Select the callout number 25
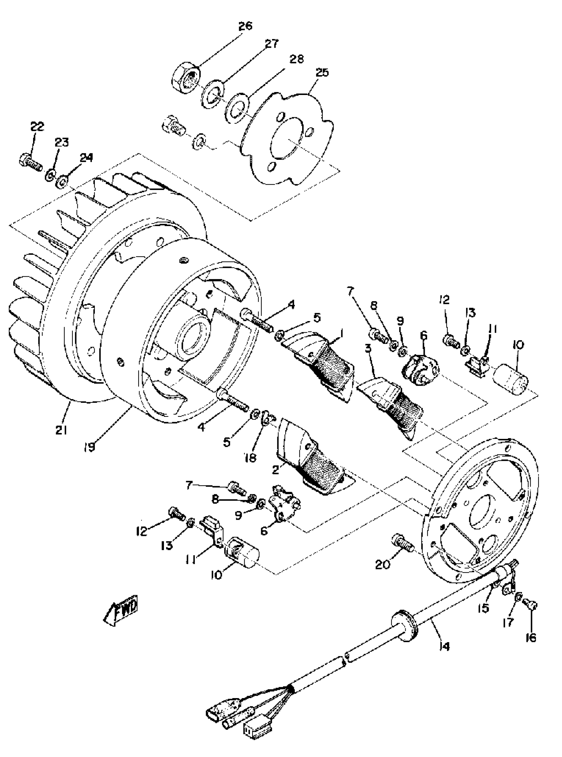pyautogui.click(x=321, y=72)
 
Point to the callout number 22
pyautogui.click(x=37, y=127)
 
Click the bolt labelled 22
pyautogui.click(x=31, y=162)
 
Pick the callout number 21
pyautogui.click(x=61, y=430)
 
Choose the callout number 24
pyautogui.click(x=86, y=158)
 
